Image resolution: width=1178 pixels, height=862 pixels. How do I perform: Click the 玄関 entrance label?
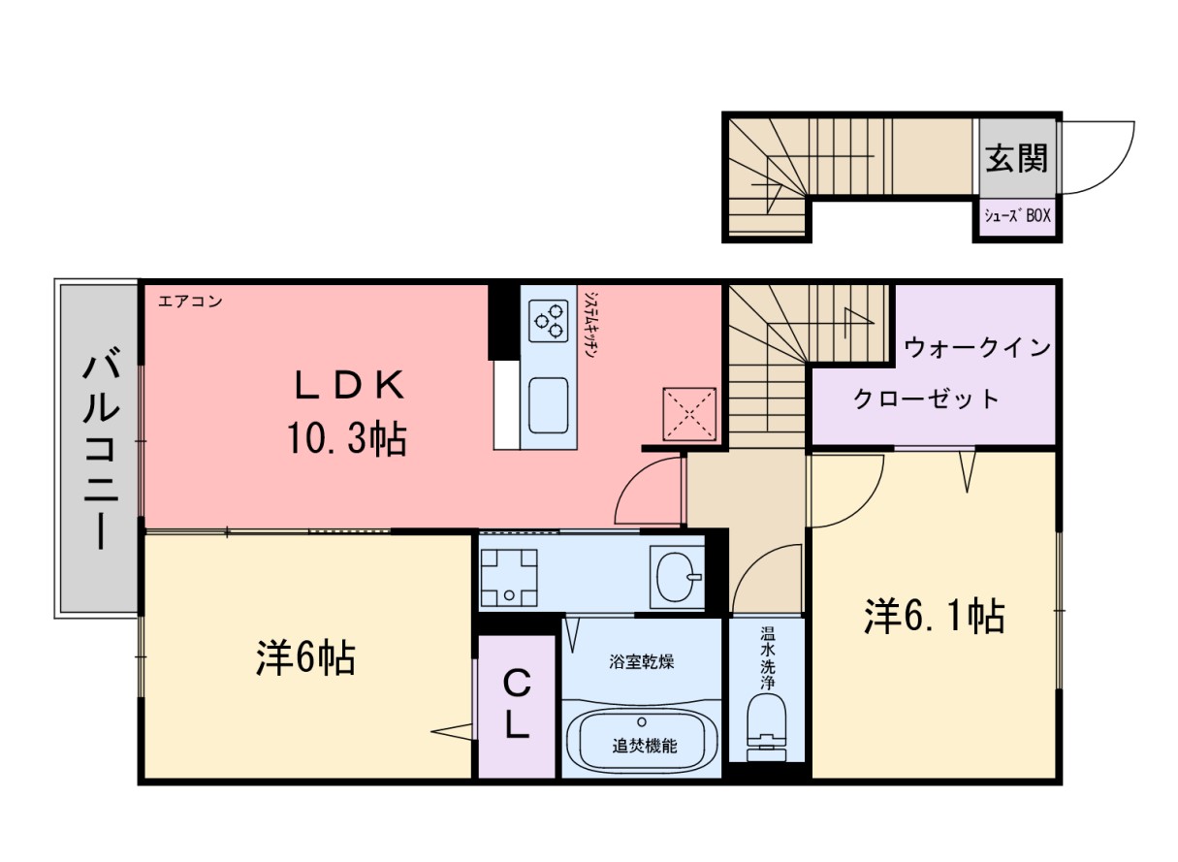point(1017,157)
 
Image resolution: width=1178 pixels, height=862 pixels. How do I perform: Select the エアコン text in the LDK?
point(190,302)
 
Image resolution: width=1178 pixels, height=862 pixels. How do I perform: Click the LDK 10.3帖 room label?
point(346,414)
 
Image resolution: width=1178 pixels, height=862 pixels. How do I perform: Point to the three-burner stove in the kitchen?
point(548,320)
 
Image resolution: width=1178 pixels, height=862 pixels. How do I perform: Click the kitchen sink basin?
point(549,405)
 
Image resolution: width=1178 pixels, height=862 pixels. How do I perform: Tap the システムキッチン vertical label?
point(590,325)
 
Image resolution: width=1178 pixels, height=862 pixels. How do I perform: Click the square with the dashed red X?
point(689,413)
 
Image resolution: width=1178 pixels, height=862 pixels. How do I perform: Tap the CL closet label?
point(517,705)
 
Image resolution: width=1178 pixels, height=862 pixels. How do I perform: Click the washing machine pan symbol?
point(509,576)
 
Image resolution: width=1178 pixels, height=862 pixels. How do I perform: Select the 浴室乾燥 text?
point(641,663)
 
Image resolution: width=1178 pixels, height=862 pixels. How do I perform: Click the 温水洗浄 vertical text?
point(767,661)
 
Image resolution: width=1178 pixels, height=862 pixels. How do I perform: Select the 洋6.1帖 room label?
point(933,617)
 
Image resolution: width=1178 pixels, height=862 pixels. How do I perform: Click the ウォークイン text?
point(977,347)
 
